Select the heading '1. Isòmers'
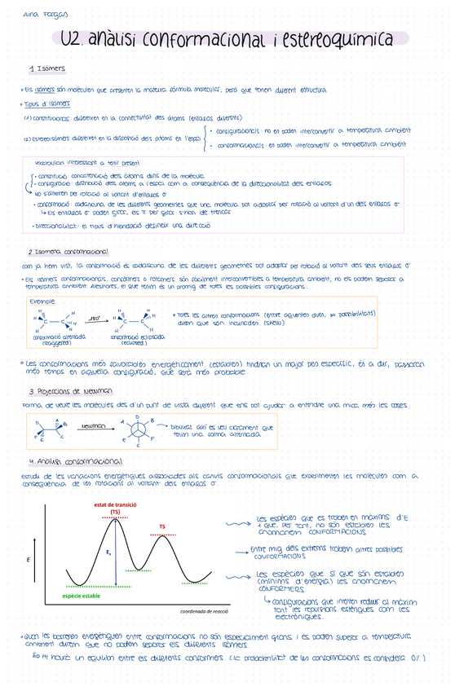47,68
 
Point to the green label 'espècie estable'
81,596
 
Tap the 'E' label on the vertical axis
29,560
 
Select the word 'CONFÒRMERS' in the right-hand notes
288,592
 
